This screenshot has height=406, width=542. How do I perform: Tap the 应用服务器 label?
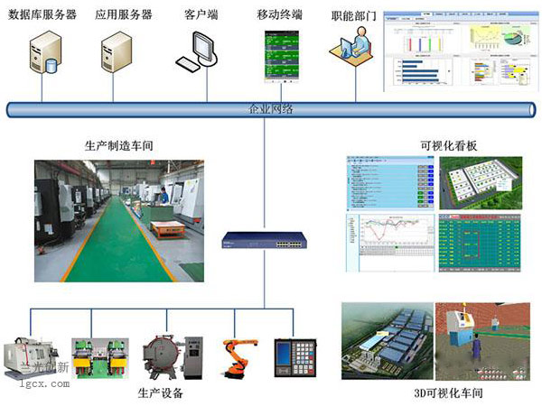click(x=124, y=15)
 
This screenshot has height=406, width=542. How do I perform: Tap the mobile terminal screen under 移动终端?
click(x=280, y=56)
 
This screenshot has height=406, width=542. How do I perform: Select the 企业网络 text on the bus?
click(x=271, y=109)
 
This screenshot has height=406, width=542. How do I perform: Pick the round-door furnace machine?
click(x=169, y=357)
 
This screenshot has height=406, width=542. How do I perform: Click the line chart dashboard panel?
click(x=390, y=242)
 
